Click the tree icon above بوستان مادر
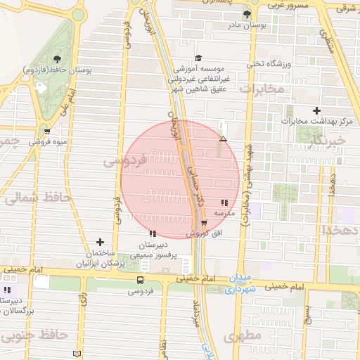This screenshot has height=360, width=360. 246,14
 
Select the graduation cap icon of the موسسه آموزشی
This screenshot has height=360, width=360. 198,58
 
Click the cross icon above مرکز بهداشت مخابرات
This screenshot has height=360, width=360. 317,110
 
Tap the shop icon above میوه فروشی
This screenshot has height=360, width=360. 47,131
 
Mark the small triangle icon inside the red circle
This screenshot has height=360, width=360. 223,139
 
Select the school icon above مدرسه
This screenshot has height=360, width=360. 224,202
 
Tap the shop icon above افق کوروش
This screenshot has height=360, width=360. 205,223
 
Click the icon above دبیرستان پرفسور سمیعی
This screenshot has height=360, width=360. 153,233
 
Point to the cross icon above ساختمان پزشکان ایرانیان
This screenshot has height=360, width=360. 100,242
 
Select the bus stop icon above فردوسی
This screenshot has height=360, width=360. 141,280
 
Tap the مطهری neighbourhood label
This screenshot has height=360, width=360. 243,337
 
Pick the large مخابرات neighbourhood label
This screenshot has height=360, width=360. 262,90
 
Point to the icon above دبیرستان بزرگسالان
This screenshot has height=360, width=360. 7,290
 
